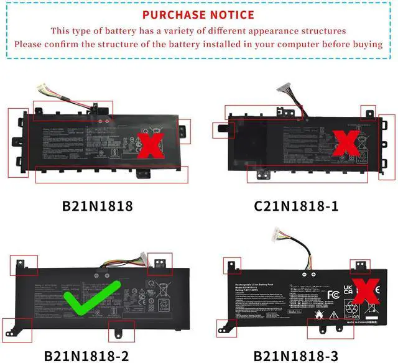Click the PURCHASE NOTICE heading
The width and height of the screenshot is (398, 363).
198,14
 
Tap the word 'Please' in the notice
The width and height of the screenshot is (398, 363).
29,44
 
